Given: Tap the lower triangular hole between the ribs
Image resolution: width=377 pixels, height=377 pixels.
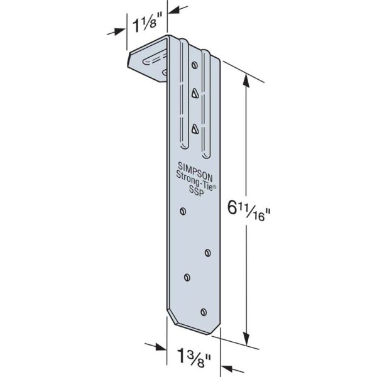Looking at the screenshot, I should (x=195, y=129).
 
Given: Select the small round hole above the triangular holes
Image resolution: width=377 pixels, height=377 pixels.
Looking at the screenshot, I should (x=195, y=65).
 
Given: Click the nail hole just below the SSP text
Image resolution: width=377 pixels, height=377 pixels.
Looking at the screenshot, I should (x=183, y=211).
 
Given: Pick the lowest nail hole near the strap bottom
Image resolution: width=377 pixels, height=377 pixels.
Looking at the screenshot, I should (x=202, y=310).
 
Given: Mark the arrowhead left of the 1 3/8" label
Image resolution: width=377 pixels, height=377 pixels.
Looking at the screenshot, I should (x=161, y=347).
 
